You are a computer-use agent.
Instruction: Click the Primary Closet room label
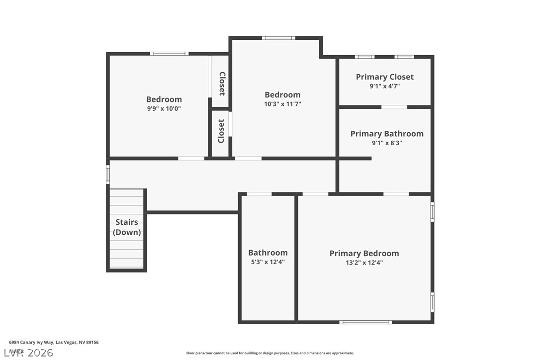(x=384, y=77)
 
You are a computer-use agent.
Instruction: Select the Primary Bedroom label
(x=364, y=254)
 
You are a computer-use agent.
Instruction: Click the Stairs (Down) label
(x=126, y=227)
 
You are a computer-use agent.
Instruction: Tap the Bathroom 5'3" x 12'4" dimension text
(x=268, y=262)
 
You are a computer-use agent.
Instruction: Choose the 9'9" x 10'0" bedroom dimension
(x=164, y=108)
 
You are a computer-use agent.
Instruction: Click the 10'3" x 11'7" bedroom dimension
(x=282, y=104)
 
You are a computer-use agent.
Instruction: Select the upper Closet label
(x=222, y=84)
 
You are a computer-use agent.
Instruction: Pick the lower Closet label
(x=221, y=131)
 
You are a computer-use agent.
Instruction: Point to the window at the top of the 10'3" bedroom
(x=278, y=38)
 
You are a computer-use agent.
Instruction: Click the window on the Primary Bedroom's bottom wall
(x=365, y=322)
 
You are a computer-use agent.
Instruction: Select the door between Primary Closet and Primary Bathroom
(x=394, y=107)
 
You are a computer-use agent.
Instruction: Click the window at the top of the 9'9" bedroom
(x=169, y=53)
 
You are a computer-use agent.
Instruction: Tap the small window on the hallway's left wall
(x=107, y=175)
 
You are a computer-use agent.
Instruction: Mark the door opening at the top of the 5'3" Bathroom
(x=259, y=194)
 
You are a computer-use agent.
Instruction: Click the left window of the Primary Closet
(x=364, y=57)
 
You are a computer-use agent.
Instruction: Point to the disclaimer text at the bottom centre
(x=270, y=353)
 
